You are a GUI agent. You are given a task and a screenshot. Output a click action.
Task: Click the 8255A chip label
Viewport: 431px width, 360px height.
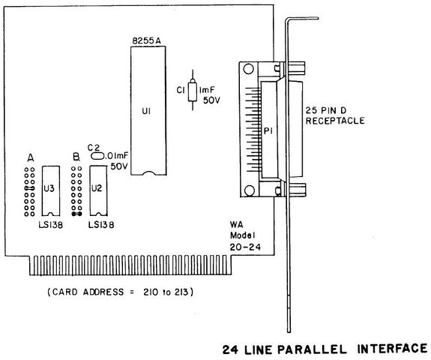click(x=146, y=41)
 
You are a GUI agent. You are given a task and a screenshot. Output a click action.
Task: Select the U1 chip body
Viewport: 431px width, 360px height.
click(x=148, y=110)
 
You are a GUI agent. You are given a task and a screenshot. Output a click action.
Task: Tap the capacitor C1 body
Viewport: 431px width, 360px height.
click(x=193, y=91)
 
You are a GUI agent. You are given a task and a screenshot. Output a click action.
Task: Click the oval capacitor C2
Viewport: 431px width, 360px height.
click(x=97, y=156)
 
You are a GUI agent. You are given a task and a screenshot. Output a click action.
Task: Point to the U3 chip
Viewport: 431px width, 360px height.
click(x=51, y=190)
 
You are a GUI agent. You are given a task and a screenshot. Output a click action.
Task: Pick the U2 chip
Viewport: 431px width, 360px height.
click(x=98, y=190)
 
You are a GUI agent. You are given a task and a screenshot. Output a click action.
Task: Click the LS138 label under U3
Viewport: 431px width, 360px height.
click(x=51, y=225)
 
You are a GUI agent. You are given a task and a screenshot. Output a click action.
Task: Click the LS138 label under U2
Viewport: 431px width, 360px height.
click(x=101, y=225)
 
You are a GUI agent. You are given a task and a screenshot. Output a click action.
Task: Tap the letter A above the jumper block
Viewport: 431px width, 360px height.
click(x=31, y=157)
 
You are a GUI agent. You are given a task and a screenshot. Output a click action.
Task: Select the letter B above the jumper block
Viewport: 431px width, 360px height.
click(x=76, y=157)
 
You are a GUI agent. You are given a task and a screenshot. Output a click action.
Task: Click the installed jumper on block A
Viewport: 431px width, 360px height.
click(x=29, y=188)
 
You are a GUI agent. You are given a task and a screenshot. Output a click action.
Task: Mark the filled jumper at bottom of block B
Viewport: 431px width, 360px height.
click(x=76, y=214)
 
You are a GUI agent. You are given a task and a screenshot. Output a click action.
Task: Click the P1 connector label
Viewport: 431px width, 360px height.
click(x=268, y=131)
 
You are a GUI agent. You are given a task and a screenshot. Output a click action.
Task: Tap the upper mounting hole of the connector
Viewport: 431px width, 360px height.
click(x=249, y=69)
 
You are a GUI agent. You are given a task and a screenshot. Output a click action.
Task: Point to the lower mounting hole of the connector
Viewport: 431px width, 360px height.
click(x=250, y=190)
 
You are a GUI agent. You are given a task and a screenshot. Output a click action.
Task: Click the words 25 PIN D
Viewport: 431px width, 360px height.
click(x=326, y=110)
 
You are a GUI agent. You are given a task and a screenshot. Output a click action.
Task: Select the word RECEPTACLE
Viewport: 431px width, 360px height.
click(x=335, y=121)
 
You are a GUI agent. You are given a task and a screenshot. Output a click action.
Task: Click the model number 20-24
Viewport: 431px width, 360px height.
click(x=245, y=247)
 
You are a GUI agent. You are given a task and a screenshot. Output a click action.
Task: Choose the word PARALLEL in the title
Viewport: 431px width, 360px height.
click(x=312, y=349)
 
